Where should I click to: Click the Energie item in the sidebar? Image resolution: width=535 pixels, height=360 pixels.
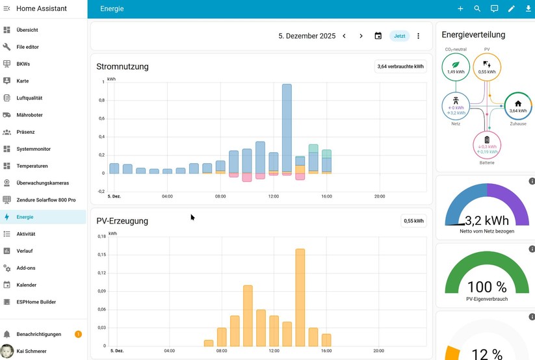[x=25, y=217]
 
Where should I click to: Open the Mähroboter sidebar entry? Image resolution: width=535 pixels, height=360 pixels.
[x=29, y=115]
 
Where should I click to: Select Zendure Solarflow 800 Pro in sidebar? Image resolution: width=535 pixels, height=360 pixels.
[x=46, y=200]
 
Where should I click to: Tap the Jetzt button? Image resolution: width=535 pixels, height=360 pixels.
[x=399, y=36]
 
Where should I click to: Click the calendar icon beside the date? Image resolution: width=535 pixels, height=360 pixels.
[x=378, y=36]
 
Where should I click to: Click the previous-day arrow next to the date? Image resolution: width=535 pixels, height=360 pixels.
[x=345, y=36]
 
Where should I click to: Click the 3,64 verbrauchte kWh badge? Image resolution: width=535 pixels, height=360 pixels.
[x=400, y=66]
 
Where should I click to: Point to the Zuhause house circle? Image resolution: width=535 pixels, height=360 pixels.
[x=517, y=107]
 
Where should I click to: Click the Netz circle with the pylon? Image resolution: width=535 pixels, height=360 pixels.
[x=456, y=107]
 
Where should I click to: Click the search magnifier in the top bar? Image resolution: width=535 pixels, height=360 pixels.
[x=477, y=9]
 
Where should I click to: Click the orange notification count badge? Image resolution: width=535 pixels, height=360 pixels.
[x=78, y=334]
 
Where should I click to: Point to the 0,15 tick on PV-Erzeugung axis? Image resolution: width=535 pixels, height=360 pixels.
[x=101, y=255]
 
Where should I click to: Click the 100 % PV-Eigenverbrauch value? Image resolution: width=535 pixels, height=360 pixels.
[x=487, y=287]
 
